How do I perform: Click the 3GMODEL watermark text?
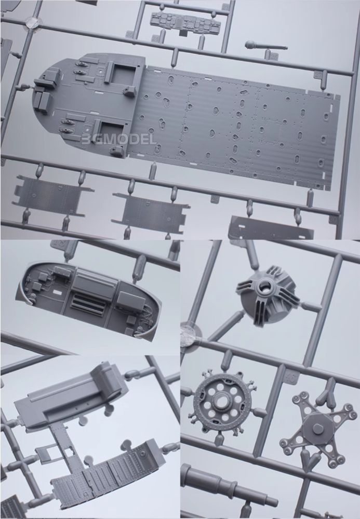118,139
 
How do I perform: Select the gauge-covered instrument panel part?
185,22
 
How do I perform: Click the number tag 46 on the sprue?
292,377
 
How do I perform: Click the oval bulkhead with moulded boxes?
88,299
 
